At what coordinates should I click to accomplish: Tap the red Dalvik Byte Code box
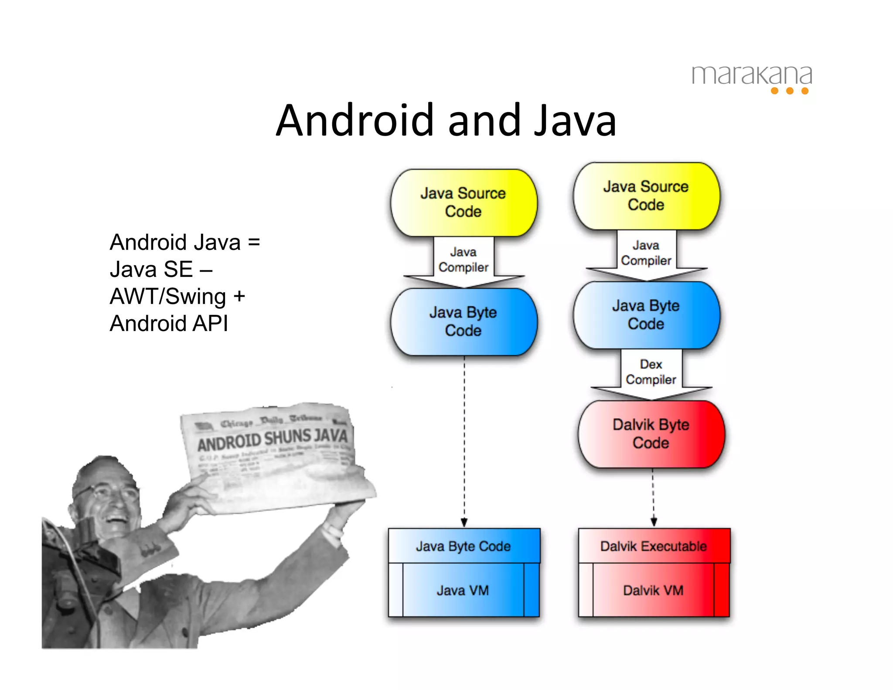point(651,434)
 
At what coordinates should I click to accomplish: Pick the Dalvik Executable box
point(654,546)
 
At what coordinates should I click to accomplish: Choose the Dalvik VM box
point(653,590)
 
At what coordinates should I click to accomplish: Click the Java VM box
point(463,590)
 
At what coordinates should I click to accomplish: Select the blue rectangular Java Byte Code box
point(464,546)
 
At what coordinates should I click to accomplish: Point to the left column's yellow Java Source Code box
point(464,203)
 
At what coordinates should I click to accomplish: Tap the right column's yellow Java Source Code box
point(646,196)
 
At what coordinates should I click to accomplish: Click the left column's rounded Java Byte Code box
point(464,322)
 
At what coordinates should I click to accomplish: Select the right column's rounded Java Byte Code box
point(646,315)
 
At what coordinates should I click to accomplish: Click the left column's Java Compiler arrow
point(464,260)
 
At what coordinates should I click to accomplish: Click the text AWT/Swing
point(168,297)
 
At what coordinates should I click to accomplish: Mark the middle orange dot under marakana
point(790,91)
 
